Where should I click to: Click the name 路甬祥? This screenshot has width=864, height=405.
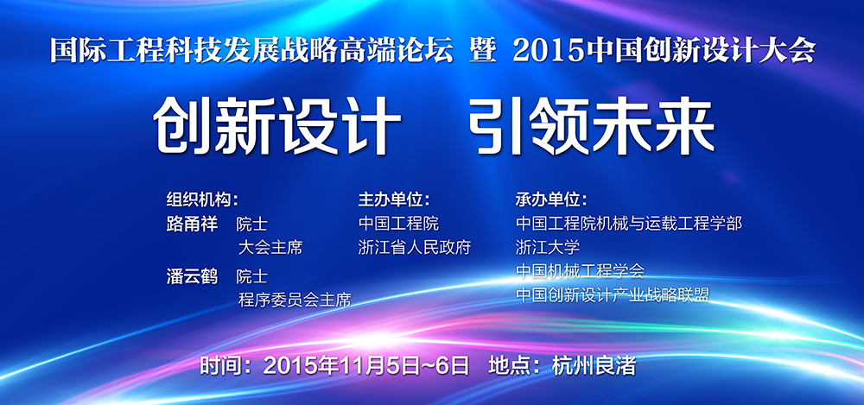[x=193, y=225]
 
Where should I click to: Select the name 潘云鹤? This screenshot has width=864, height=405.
[x=193, y=276]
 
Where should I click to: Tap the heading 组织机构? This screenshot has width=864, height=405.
[x=202, y=199]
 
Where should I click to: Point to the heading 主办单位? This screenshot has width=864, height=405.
[x=394, y=199]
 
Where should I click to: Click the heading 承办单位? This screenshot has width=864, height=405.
[x=551, y=199]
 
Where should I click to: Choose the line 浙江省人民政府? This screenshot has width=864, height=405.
[x=415, y=248]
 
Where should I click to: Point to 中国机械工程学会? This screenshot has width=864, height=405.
[x=581, y=270]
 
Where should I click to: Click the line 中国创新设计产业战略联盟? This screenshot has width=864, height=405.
[x=613, y=294]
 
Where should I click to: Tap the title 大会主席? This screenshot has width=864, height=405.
[x=270, y=248]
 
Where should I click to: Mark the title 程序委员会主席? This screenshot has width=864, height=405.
[x=295, y=300]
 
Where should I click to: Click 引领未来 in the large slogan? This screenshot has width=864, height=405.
[x=593, y=127]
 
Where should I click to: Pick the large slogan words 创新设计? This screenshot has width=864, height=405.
[x=277, y=127]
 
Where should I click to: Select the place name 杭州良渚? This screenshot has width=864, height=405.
[x=594, y=365]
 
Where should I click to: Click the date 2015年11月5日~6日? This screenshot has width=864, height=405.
[x=366, y=365]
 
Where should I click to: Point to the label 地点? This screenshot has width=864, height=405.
[x=510, y=365]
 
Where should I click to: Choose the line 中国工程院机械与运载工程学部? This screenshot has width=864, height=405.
[x=629, y=224]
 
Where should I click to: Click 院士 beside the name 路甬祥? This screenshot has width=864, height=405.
[x=252, y=225]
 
